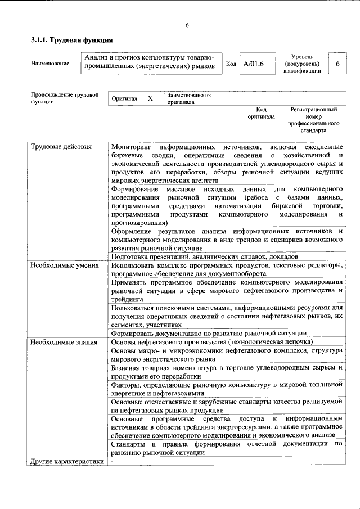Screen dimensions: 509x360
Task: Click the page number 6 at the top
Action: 187,25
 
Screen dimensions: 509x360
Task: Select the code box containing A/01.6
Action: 252,64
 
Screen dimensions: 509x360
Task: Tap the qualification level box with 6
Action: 337,64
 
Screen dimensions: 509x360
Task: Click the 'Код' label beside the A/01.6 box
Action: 231,64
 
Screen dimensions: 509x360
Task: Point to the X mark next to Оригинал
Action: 150,98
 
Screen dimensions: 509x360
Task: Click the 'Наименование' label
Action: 51,64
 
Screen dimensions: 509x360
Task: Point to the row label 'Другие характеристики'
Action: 67,462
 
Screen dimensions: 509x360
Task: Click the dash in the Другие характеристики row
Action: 112,462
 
